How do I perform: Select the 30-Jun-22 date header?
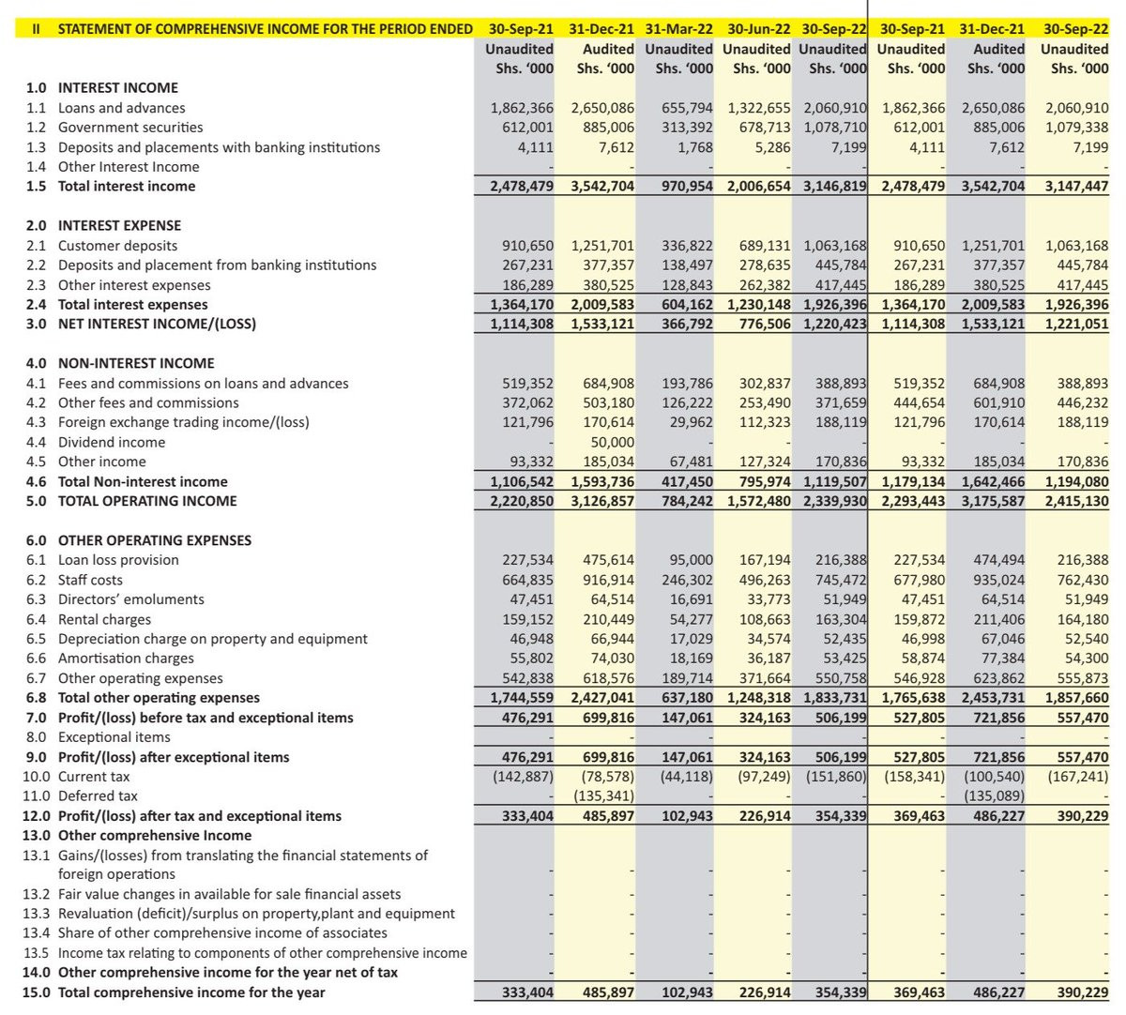pyautogui.click(x=758, y=29)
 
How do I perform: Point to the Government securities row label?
pyautogui.click(x=130, y=128)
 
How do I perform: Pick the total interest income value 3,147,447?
pyautogui.click(x=1075, y=187)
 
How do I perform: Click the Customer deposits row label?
pyautogui.click(x=117, y=246)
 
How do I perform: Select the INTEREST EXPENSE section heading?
pyautogui.click(x=119, y=226)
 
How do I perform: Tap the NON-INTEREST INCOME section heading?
pyautogui.click(x=136, y=364)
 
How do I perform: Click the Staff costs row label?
pyautogui.click(x=90, y=580)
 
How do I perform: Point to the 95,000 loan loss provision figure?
pyautogui.click(x=691, y=560)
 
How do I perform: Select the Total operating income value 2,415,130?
pyautogui.click(x=1075, y=501)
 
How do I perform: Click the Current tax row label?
pyautogui.click(x=94, y=777)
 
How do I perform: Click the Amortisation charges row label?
pyautogui.click(x=126, y=659)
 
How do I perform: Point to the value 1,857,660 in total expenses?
pyautogui.click(x=1075, y=698)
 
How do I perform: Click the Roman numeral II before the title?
pyautogui.click(x=36, y=29)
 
